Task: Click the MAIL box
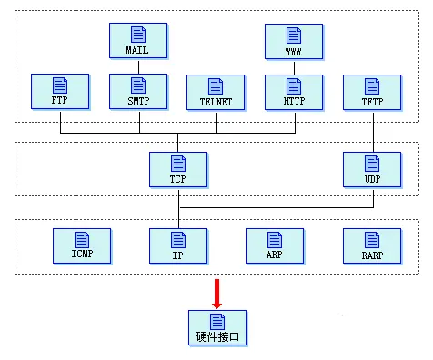tap(138, 41)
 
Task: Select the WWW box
tap(294, 41)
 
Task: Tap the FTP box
tap(60, 93)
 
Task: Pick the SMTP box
tap(138, 93)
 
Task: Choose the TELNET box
tap(216, 93)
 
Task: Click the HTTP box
tap(294, 93)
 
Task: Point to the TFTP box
tap(372, 93)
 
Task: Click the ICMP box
tap(80, 245)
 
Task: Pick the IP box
tap(178, 245)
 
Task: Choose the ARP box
tap(275, 245)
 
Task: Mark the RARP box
tap(372, 245)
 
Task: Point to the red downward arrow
tap(216, 293)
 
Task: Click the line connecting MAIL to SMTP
tap(138, 66)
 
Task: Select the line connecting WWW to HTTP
tap(294, 66)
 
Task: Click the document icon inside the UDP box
tap(372, 164)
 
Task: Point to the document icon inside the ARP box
tap(275, 238)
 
